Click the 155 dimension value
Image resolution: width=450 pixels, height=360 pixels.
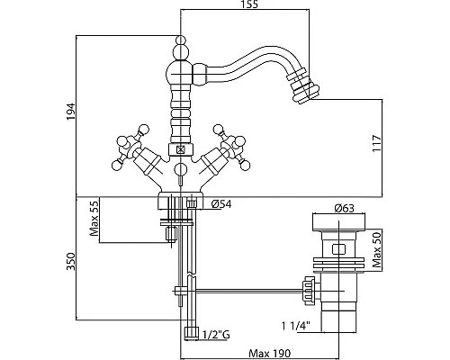(x=249, y=4)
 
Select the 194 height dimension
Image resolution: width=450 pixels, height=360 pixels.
(x=71, y=112)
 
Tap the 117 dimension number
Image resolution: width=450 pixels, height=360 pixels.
(x=377, y=143)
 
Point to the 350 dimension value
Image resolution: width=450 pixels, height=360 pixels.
(x=71, y=261)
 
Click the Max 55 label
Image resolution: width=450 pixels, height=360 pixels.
(x=94, y=218)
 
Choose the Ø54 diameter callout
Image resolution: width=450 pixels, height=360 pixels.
(x=221, y=204)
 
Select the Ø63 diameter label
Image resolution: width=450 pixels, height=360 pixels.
(x=345, y=208)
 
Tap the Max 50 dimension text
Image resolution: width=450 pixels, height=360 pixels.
(x=376, y=250)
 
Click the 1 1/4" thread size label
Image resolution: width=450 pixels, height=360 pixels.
(x=296, y=326)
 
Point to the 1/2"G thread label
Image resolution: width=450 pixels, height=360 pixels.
(x=216, y=335)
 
